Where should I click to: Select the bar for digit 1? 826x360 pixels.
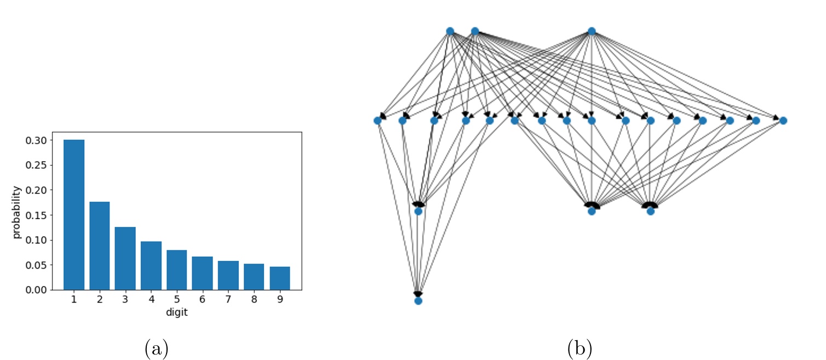[74, 215]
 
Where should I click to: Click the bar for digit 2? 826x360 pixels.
[100, 245]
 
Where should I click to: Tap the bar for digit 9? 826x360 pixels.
[280, 278]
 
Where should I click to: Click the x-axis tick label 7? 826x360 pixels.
[228, 301]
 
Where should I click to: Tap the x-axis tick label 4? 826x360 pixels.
[151, 301]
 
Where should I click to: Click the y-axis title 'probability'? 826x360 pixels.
[17, 212]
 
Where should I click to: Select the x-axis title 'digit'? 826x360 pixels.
[176, 313]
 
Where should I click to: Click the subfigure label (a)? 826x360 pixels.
[156, 348]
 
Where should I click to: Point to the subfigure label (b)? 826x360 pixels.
[580, 348]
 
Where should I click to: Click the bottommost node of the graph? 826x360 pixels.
[418, 301]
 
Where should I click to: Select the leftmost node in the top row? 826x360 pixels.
[450, 31]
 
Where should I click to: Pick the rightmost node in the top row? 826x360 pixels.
[591, 31]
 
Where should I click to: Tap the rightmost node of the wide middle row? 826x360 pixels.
[783, 121]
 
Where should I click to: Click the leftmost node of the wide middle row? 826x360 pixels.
[377, 121]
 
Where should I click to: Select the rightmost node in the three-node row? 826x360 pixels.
[650, 211]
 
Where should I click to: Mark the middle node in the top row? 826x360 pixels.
[475, 31]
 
